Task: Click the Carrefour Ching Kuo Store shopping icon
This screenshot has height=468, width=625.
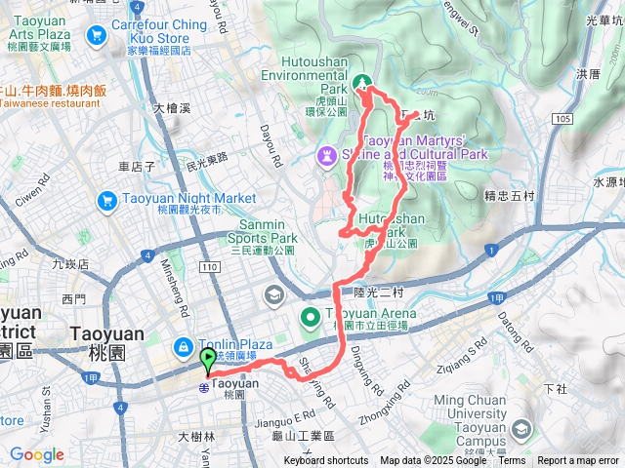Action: [x=96, y=36]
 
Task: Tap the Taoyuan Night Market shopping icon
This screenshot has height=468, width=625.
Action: [x=108, y=200]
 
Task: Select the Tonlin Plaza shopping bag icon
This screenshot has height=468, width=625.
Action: [x=183, y=346]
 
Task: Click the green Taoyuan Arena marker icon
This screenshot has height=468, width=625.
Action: [x=311, y=316]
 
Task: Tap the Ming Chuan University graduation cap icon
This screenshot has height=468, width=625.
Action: [x=520, y=429]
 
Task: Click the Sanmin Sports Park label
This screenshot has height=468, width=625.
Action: [x=263, y=231]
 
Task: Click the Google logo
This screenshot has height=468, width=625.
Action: [x=36, y=454]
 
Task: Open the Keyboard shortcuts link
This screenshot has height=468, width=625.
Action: [x=326, y=461]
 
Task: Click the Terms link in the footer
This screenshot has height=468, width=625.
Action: [x=511, y=461]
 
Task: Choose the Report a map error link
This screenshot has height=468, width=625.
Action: [x=579, y=461]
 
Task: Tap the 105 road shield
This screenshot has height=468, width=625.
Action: [x=561, y=119]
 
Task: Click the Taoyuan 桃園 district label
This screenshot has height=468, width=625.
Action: [x=107, y=341]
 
